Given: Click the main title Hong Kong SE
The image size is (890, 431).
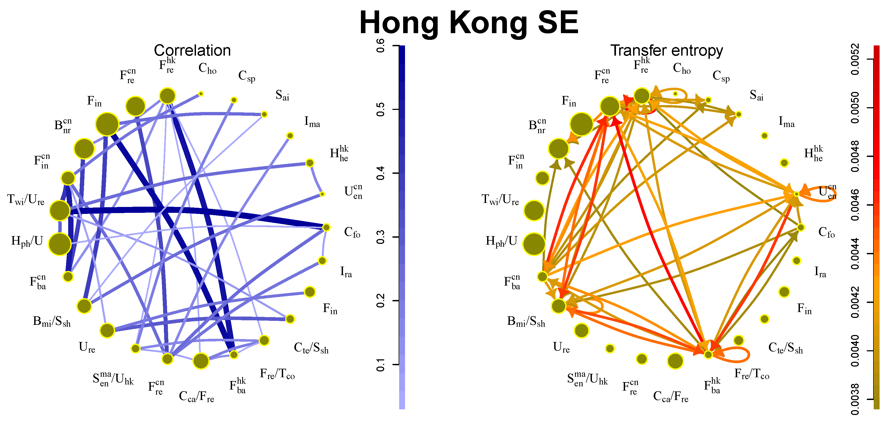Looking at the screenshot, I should pyautogui.click(x=469, y=23).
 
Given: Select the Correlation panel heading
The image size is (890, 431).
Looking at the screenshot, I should pyautogui.click(x=192, y=51).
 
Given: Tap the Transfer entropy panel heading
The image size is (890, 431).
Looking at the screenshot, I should pyautogui.click(x=666, y=51).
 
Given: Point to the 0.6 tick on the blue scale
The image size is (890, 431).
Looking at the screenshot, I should pyautogui.click(x=380, y=46).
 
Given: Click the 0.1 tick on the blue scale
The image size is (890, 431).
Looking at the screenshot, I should pyautogui.click(x=380, y=364).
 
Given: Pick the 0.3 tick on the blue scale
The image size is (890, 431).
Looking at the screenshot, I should pyautogui.click(x=380, y=237).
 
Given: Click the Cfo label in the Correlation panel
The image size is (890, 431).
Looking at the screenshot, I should pyautogui.click(x=352, y=233).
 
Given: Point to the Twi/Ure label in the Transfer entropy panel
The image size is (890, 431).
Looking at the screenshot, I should pyautogui.click(x=500, y=200).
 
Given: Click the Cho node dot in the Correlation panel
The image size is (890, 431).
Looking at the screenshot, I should pyautogui.click(x=201, y=94).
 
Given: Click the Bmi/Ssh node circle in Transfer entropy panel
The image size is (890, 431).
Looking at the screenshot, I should pyautogui.click(x=558, y=306).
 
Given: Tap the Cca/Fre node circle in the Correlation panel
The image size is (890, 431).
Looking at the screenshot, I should pyautogui.click(x=201, y=361).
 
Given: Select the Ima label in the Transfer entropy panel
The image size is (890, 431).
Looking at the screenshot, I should pyautogui.click(x=786, y=122).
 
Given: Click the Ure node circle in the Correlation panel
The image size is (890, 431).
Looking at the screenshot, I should pyautogui.click(x=107, y=330).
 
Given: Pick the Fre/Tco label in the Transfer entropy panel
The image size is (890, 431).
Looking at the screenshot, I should pyautogui.click(x=752, y=374).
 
